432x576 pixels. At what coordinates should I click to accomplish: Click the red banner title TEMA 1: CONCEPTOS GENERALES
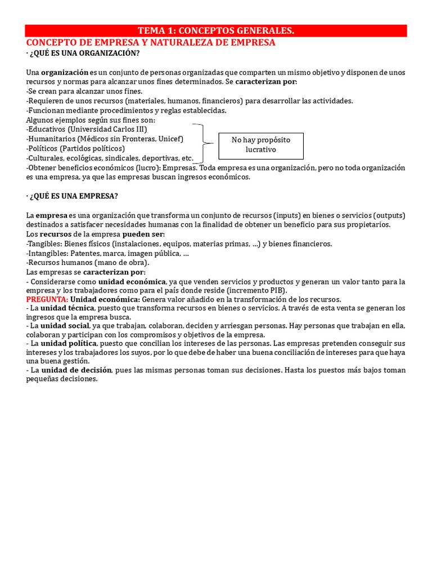point(216,30)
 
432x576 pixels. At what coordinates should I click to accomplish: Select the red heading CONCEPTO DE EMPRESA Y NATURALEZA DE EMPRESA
point(151,43)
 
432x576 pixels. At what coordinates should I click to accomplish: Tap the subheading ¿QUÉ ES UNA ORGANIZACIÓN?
point(85,53)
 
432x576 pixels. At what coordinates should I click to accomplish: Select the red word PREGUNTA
point(47,299)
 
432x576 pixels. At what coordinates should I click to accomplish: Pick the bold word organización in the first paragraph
point(65,73)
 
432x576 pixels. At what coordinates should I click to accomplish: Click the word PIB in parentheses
point(278,290)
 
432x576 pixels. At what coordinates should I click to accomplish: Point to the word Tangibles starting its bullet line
point(44,244)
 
